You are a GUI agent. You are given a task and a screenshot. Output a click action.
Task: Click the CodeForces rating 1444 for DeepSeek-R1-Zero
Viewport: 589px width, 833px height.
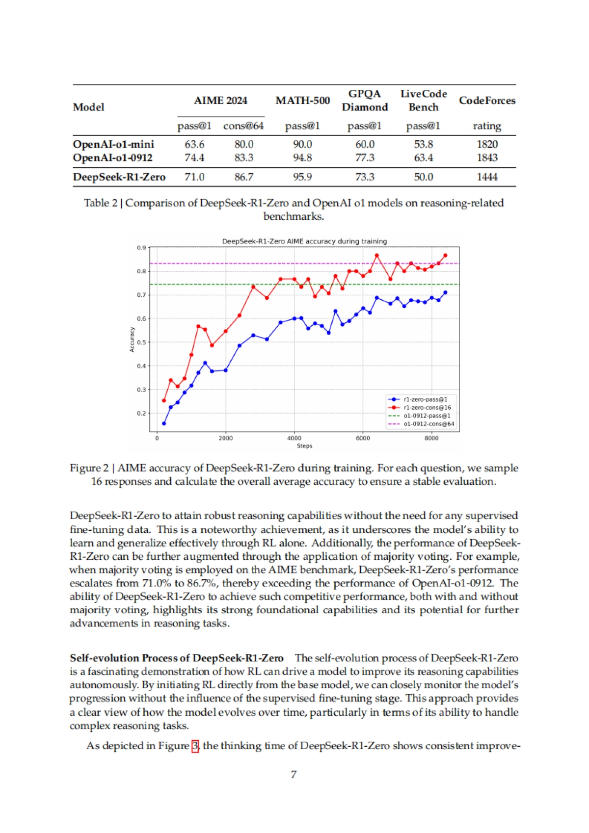(487, 177)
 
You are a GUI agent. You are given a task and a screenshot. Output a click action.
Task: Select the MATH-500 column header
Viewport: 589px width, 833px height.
(302, 101)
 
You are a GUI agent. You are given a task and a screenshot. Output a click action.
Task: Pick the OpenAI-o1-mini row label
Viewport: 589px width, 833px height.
(113, 144)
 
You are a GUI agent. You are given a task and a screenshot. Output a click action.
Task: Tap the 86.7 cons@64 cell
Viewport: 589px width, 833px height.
(244, 177)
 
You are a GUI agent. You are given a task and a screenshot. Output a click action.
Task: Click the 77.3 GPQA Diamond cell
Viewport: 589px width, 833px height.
(365, 157)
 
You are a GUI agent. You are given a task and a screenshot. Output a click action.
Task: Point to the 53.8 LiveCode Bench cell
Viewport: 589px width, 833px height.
(423, 144)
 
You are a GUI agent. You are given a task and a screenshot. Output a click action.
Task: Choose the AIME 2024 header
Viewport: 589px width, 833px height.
(220, 101)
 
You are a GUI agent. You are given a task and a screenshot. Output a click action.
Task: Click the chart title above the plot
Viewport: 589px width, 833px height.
(304, 241)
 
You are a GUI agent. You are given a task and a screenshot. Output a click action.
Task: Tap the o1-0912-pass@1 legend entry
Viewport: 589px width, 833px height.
(427, 416)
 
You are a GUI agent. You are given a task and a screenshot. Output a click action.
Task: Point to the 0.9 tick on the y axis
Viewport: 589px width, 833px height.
(141, 248)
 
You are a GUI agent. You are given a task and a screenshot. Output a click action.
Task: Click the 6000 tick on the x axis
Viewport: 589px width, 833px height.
(363, 438)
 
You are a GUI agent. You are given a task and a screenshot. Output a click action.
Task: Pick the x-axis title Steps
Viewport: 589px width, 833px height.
(304, 446)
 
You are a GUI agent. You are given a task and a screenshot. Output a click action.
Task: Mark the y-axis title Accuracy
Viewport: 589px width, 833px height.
(132, 339)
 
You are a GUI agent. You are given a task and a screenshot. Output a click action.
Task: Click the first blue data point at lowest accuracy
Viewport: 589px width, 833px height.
(164, 423)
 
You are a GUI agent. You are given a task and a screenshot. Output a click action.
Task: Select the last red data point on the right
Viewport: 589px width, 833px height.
(445, 255)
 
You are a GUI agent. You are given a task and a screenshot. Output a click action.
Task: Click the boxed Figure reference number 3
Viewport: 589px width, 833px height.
(195, 746)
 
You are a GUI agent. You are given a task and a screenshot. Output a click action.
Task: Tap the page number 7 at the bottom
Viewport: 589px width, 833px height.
(294, 775)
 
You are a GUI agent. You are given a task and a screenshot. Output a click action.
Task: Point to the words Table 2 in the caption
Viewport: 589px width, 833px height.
(101, 203)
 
